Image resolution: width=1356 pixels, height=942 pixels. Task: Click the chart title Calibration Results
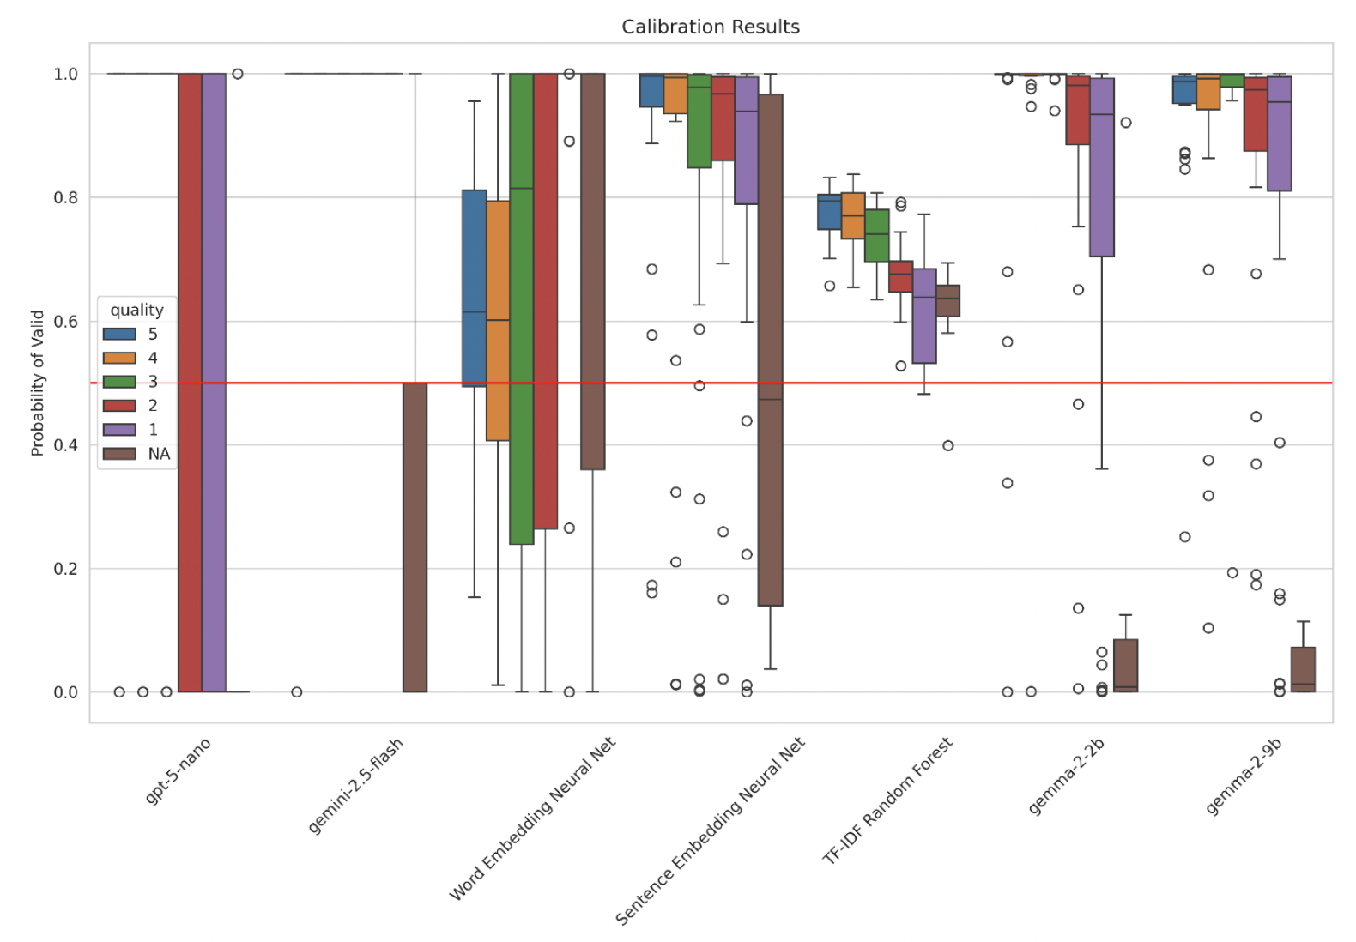pos(710,27)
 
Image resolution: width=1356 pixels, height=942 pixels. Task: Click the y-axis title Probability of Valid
pos(37,383)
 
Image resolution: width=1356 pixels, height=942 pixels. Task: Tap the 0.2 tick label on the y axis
pos(65,569)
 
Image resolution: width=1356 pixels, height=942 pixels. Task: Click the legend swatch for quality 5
pos(119,334)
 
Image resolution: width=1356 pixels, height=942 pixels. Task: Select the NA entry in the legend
pos(159,454)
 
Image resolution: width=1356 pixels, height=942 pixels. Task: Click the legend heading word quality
pos(136,310)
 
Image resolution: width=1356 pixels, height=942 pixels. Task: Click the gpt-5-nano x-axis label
pos(178,770)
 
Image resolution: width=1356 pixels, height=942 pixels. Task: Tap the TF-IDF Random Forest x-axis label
pos(887,800)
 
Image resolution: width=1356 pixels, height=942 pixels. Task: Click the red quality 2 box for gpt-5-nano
pos(190,383)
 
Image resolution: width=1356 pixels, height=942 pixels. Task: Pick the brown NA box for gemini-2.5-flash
pos(415,537)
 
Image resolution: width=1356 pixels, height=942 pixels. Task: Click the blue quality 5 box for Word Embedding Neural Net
pos(474,287)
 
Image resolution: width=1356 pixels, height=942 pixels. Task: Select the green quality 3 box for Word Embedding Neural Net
pos(521,309)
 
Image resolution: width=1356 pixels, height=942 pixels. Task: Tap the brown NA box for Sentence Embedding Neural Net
pos(770,350)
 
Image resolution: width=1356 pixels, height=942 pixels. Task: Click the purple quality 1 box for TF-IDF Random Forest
pos(924,316)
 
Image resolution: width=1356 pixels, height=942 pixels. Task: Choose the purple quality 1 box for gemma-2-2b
pos(1102,167)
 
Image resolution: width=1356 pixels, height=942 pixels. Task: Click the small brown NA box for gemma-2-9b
pos(1303,669)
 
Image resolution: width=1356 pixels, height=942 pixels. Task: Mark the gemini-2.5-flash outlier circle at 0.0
pos(296,691)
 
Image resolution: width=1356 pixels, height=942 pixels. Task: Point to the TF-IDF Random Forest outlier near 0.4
pos(947,445)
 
